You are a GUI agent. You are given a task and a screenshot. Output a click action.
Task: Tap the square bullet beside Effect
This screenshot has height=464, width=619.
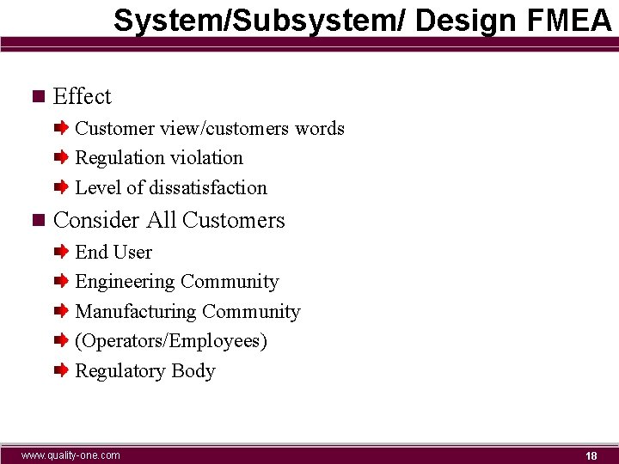click(36, 96)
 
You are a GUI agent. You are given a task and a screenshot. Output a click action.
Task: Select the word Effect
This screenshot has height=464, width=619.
click(83, 96)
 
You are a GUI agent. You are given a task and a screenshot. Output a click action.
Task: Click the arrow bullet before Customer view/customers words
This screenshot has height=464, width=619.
click(61, 128)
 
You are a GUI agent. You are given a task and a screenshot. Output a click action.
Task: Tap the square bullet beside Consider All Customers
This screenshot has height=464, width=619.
click(36, 220)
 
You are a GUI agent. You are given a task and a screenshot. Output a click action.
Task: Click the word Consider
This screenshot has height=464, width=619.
click(96, 220)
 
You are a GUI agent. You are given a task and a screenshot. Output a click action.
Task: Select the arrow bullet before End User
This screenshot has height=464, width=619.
click(61, 252)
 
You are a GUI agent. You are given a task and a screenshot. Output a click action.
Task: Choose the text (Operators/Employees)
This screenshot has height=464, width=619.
click(171, 341)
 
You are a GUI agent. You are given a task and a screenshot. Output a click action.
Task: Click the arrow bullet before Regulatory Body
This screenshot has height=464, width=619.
click(61, 370)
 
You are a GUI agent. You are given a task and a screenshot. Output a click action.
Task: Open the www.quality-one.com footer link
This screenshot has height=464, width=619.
click(70, 455)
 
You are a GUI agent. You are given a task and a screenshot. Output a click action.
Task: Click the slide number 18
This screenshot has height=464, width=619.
click(591, 455)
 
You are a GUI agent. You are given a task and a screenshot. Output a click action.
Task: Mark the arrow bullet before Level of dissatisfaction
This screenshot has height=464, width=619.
click(61, 187)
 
